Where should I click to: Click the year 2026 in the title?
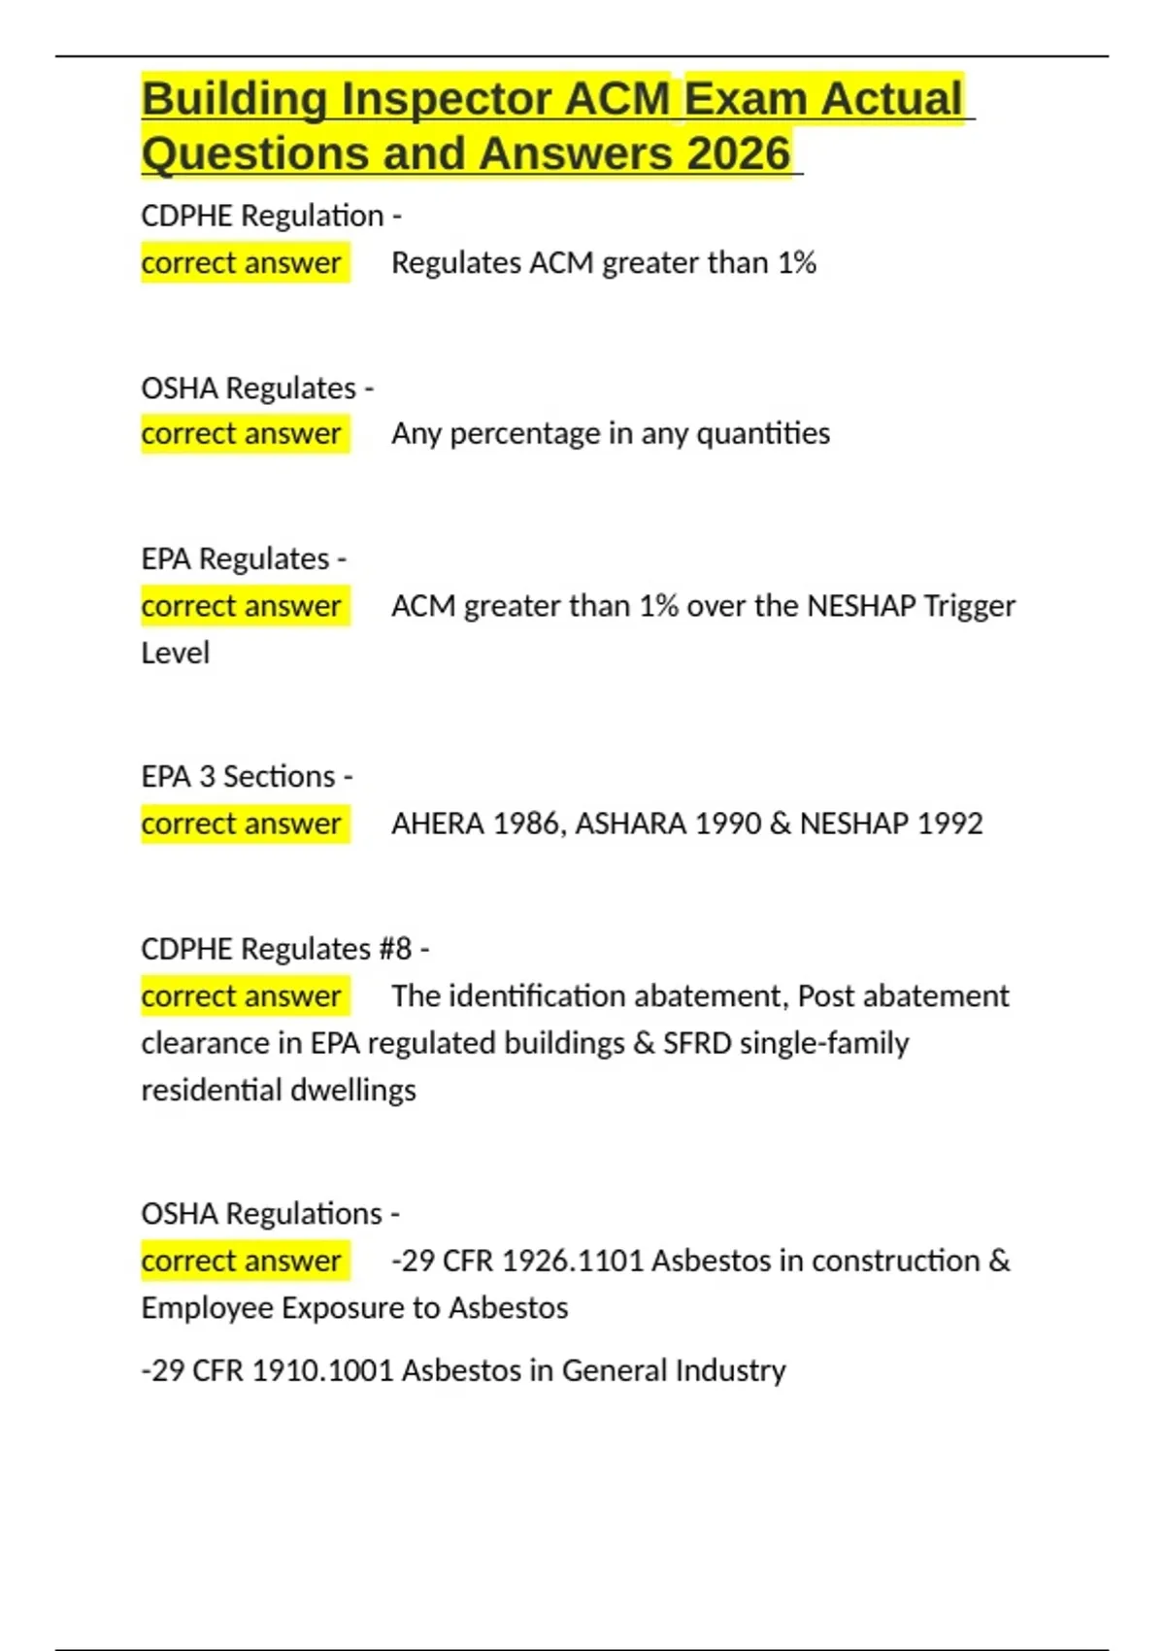739,153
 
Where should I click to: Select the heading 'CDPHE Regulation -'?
271,216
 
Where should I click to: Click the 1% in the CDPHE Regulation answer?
796,263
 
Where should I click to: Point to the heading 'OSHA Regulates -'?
257,388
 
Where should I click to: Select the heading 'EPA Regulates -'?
244,559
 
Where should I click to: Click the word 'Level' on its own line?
175,653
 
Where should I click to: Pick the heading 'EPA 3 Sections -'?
247,777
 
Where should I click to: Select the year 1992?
949,824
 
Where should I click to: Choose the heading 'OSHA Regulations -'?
270,1214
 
